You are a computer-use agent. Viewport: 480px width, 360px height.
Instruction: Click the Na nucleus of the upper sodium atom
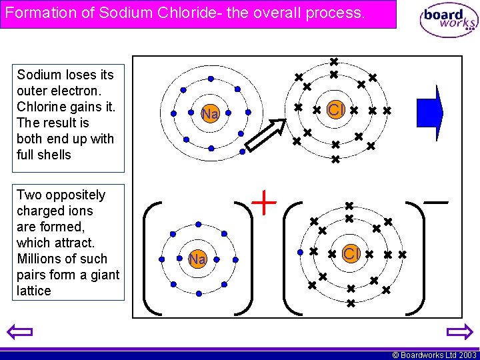coord(210,114)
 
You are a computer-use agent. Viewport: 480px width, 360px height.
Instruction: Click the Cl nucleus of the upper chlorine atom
coord(335,109)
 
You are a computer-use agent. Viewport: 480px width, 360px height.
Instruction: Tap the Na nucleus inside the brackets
coord(197,259)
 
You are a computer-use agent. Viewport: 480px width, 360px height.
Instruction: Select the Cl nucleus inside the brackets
coord(351,254)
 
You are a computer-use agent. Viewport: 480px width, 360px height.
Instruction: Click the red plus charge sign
coord(265,202)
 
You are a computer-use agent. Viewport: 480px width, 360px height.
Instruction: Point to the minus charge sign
coord(435,201)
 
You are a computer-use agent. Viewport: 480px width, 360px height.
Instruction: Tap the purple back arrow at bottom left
coord(19,332)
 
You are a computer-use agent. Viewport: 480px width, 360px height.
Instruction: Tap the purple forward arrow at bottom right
coord(459,332)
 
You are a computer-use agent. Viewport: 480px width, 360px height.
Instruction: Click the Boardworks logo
coord(449,19)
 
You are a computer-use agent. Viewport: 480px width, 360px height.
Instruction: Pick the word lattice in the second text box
coord(34,291)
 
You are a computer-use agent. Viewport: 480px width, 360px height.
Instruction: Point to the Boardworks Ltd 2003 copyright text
coord(434,355)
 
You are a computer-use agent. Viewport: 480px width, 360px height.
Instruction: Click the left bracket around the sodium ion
coord(153,257)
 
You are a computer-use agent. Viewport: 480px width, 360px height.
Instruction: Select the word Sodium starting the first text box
coord(37,75)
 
